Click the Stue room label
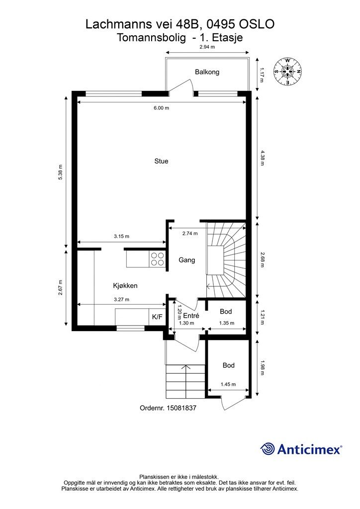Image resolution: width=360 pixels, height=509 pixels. click(161, 162)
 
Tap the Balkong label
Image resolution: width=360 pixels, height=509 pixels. click(207, 72)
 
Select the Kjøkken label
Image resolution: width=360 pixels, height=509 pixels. click(125, 286)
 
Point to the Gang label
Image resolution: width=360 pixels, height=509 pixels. click(187, 260)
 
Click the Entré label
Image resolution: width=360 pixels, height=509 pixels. click(191, 316)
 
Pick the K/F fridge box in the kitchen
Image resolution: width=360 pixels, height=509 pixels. click(158, 317)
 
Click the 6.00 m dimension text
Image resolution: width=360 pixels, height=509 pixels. click(161, 108)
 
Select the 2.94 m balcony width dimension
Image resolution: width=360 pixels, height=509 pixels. click(207, 47)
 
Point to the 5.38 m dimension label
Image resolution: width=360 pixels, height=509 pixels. click(60, 172)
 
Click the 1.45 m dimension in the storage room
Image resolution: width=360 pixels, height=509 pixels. click(228, 384)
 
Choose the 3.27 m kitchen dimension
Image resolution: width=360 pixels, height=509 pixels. click(121, 300)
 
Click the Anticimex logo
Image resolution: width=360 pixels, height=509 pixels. click(301, 449)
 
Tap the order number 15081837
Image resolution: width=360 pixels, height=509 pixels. click(168, 408)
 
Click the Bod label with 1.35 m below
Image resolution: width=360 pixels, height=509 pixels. click(226, 312)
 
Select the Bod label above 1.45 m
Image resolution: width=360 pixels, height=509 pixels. click(229, 365)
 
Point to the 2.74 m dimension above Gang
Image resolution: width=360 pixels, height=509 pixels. click(190, 234)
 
